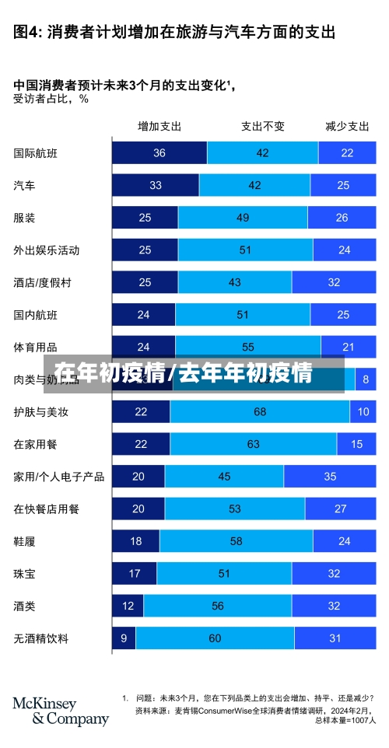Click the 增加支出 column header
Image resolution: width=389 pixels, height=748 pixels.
click(x=159, y=126)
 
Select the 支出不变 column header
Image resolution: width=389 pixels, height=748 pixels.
click(x=262, y=126)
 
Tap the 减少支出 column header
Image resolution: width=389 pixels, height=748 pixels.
click(x=347, y=126)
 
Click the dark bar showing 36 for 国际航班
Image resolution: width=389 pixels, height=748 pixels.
click(x=159, y=153)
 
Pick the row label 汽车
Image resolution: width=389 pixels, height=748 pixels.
click(x=24, y=186)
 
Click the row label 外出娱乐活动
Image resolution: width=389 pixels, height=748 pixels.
click(x=46, y=250)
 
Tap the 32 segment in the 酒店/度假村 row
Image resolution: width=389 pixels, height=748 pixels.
click(x=334, y=282)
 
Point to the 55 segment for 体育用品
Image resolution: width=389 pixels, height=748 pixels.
click(x=248, y=347)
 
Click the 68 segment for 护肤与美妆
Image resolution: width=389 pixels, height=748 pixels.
click(x=260, y=411)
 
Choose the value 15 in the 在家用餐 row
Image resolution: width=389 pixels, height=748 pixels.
click(x=356, y=444)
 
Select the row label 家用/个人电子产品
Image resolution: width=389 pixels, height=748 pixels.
click(x=58, y=476)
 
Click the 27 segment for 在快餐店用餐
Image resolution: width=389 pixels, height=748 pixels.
click(x=340, y=509)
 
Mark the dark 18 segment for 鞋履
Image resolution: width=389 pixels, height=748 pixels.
click(x=135, y=541)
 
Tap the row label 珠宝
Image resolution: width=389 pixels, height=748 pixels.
click(x=24, y=573)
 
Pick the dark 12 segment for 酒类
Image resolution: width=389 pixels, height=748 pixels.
click(x=128, y=606)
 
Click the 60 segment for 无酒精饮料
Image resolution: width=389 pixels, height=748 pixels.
click(x=215, y=638)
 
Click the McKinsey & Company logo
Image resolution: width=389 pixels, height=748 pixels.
click(x=60, y=711)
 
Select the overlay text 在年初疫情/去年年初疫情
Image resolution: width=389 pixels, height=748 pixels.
click(x=184, y=373)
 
